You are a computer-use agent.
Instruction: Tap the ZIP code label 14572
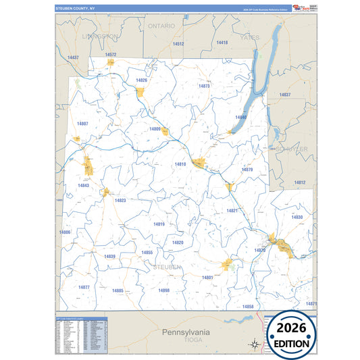point(111,54)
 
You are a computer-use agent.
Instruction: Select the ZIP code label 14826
point(141,80)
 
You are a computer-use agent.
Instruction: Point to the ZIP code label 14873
point(204,86)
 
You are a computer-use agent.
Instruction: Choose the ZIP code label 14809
point(155,128)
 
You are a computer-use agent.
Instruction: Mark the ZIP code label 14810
point(180,164)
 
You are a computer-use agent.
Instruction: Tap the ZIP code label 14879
point(247,170)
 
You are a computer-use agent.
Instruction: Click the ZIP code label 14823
point(120,201)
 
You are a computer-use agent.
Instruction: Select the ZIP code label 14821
point(232,211)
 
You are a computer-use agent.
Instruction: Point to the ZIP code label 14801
point(207,278)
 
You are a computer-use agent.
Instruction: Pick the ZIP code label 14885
point(118,290)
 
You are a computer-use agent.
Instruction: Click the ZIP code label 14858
point(248,307)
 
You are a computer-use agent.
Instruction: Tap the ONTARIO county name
point(161,26)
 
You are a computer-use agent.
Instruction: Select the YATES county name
point(250,38)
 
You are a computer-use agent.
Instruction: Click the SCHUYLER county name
point(290,148)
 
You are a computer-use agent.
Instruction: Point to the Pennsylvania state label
point(186,332)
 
